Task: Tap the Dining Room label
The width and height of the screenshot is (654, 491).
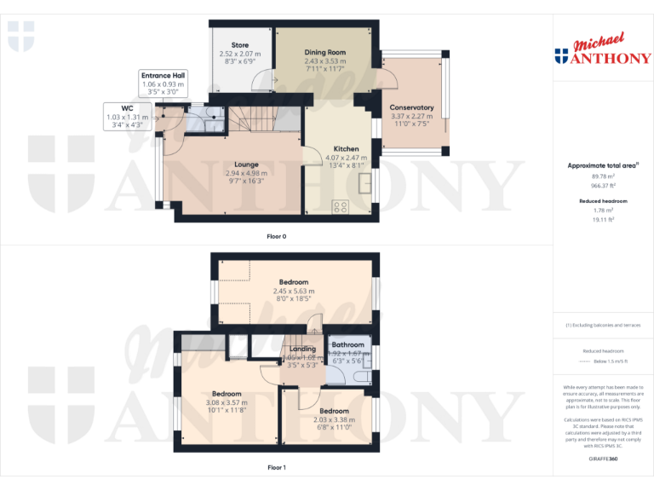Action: click(325, 53)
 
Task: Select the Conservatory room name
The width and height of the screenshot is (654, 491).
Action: click(411, 107)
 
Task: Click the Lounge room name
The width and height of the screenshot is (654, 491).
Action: click(247, 165)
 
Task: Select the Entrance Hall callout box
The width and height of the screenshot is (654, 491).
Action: click(163, 84)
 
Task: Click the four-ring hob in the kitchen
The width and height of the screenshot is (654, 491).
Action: click(341, 205)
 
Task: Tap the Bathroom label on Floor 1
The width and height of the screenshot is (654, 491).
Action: click(348, 345)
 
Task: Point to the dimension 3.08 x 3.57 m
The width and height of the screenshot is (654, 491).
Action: click(227, 402)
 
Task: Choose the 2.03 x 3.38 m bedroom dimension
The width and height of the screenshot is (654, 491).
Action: click(334, 419)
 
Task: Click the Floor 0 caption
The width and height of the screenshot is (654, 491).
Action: click(276, 235)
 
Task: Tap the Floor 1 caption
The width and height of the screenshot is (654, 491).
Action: click(276, 467)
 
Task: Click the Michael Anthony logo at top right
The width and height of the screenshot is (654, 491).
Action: click(603, 50)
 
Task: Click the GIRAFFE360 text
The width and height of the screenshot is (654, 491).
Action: click(603, 459)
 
